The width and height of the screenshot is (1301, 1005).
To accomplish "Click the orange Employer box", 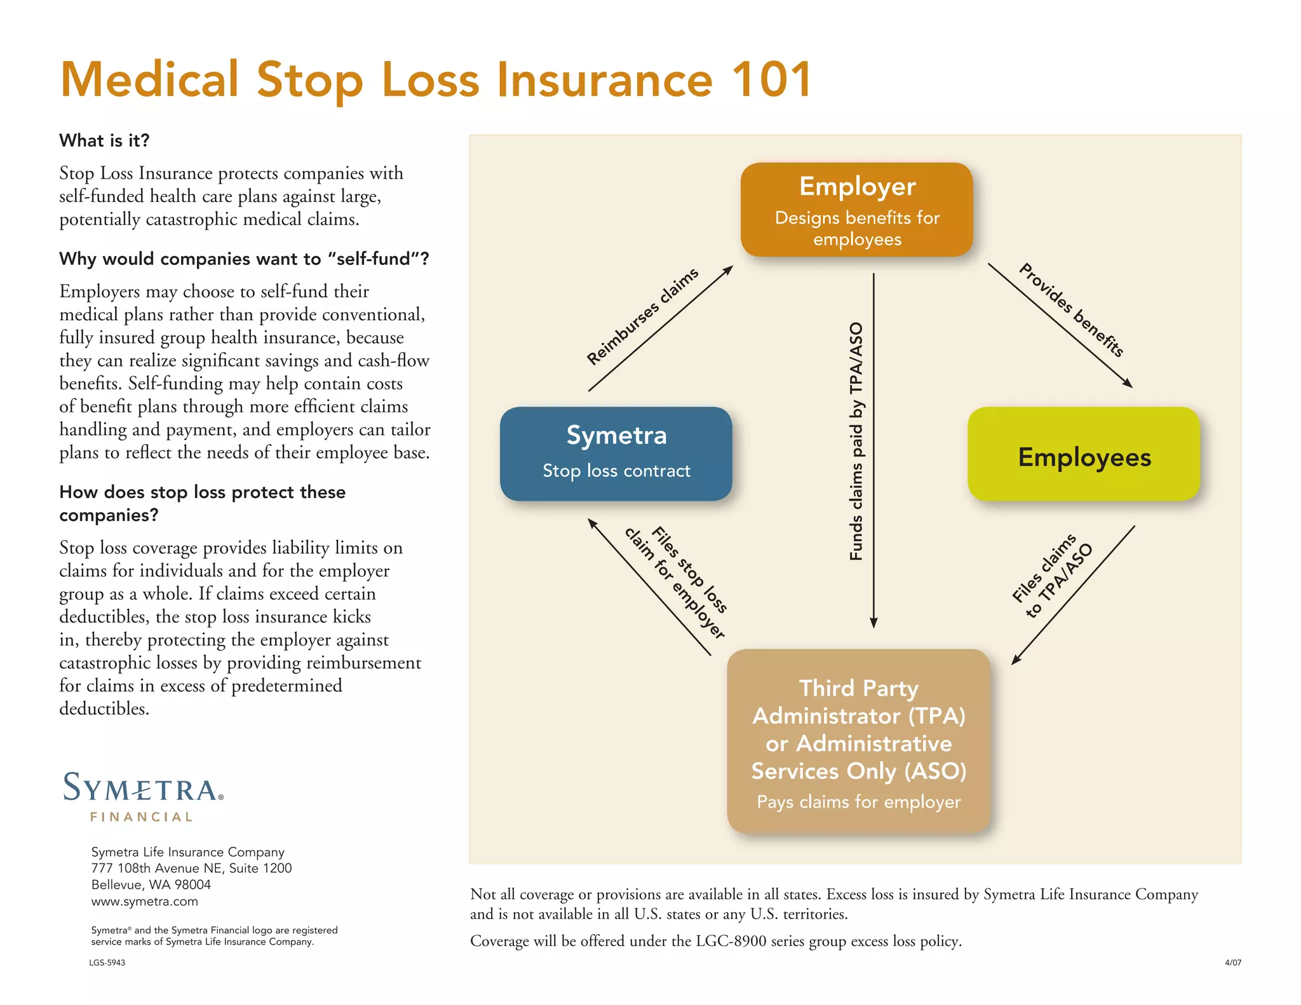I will (856, 209).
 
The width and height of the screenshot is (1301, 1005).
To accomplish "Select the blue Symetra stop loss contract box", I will (616, 453).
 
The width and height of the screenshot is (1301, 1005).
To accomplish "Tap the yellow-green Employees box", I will (1084, 454).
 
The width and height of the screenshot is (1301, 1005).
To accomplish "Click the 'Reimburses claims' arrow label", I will (642, 316).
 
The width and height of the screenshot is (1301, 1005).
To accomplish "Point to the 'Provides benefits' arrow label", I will (1072, 309).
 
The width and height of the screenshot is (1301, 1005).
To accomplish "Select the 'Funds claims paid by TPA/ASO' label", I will (856, 441).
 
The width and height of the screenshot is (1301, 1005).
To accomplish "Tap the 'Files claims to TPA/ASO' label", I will (1052, 576).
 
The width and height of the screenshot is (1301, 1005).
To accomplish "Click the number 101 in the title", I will (771, 79).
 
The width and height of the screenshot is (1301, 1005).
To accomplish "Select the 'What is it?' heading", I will (104, 140).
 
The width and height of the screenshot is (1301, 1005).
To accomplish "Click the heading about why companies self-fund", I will (244, 259).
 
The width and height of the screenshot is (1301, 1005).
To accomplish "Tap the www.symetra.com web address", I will (145, 901).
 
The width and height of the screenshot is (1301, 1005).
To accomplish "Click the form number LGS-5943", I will (107, 962).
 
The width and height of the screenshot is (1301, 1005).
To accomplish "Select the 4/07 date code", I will (1232, 962).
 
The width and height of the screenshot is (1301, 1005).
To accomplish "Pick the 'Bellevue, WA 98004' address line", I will (151, 884).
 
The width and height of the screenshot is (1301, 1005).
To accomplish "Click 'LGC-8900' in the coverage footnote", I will (731, 941).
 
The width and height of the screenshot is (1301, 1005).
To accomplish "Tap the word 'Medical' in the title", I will (150, 79).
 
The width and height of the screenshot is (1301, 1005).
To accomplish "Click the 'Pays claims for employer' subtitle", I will (858, 802).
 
